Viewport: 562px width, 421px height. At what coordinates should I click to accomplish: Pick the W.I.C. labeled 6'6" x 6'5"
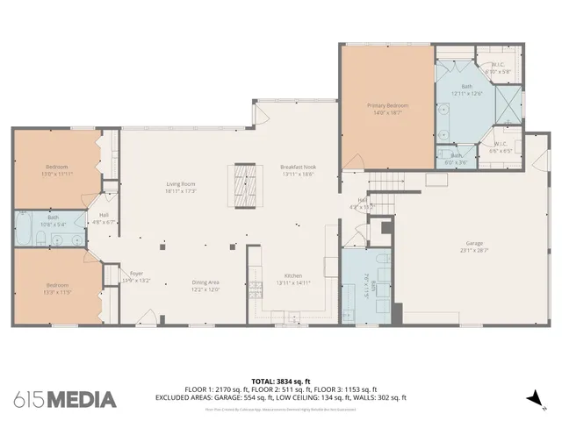click(500, 147)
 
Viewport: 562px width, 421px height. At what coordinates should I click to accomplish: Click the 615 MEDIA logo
click(65, 400)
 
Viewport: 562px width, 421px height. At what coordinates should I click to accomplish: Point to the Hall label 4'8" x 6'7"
click(104, 218)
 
